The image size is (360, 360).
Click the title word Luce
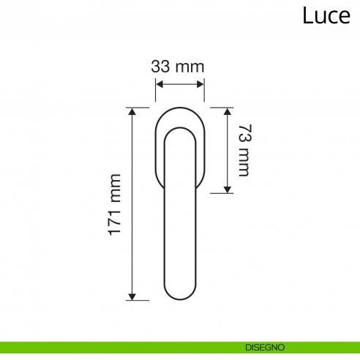pyautogui.click(x=326, y=15)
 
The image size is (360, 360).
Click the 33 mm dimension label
pyautogui.click(x=178, y=67)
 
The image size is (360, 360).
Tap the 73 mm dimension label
pyautogui.click(x=244, y=150)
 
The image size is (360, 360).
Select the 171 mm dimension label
pyautogui.click(x=114, y=205)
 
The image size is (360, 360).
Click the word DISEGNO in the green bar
pyautogui.click(x=265, y=348)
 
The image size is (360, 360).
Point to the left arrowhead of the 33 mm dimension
pyautogui.click(x=159, y=85)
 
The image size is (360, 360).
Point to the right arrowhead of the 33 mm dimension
pyautogui.click(x=200, y=85)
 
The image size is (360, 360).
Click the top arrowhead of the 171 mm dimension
pyautogui.click(x=132, y=111)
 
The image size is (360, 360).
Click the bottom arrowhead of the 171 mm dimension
pyautogui.click(x=132, y=296)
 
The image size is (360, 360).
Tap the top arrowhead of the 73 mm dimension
pyautogui.click(x=228, y=111)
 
